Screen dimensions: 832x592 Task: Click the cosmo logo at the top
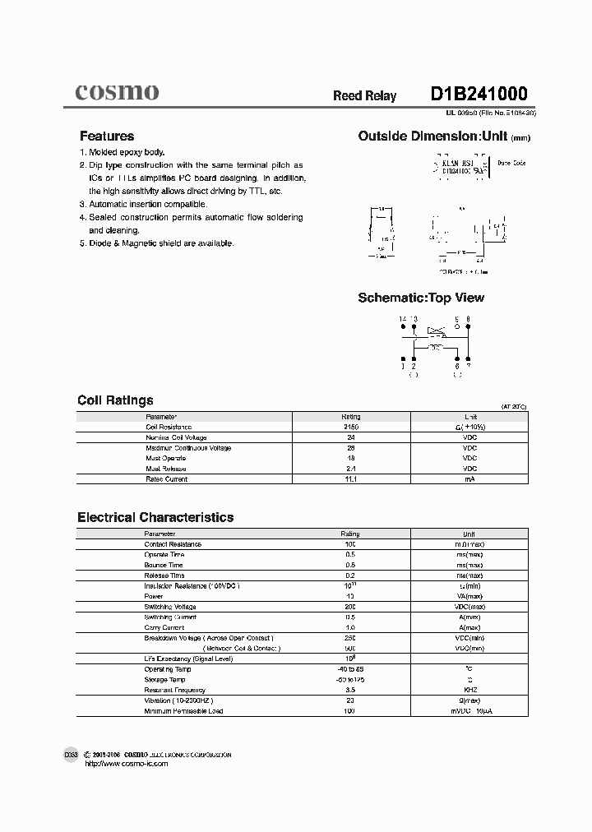point(117,92)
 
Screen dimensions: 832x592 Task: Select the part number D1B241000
point(479,94)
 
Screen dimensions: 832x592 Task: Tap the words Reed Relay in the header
point(364,96)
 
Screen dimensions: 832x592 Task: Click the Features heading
point(106,136)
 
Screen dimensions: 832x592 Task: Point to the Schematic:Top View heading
point(421,298)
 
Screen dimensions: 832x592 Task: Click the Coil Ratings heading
point(115,400)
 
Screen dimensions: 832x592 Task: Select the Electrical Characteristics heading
point(155,517)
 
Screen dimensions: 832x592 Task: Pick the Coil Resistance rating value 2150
point(350,428)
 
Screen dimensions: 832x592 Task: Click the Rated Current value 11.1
point(350,479)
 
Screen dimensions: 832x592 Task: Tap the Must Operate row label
point(166,458)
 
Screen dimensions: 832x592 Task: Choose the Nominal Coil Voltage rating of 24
point(350,437)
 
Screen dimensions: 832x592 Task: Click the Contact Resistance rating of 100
point(350,544)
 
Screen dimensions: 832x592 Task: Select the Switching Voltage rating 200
point(350,607)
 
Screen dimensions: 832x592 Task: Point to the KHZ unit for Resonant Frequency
point(469,690)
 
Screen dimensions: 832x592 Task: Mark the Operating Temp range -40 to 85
point(350,669)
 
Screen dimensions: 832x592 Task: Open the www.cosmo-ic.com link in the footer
point(127,764)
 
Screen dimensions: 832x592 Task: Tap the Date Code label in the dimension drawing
point(512,164)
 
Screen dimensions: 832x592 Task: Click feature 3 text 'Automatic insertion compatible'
point(148,204)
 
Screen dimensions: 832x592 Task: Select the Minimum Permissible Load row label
point(183,711)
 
